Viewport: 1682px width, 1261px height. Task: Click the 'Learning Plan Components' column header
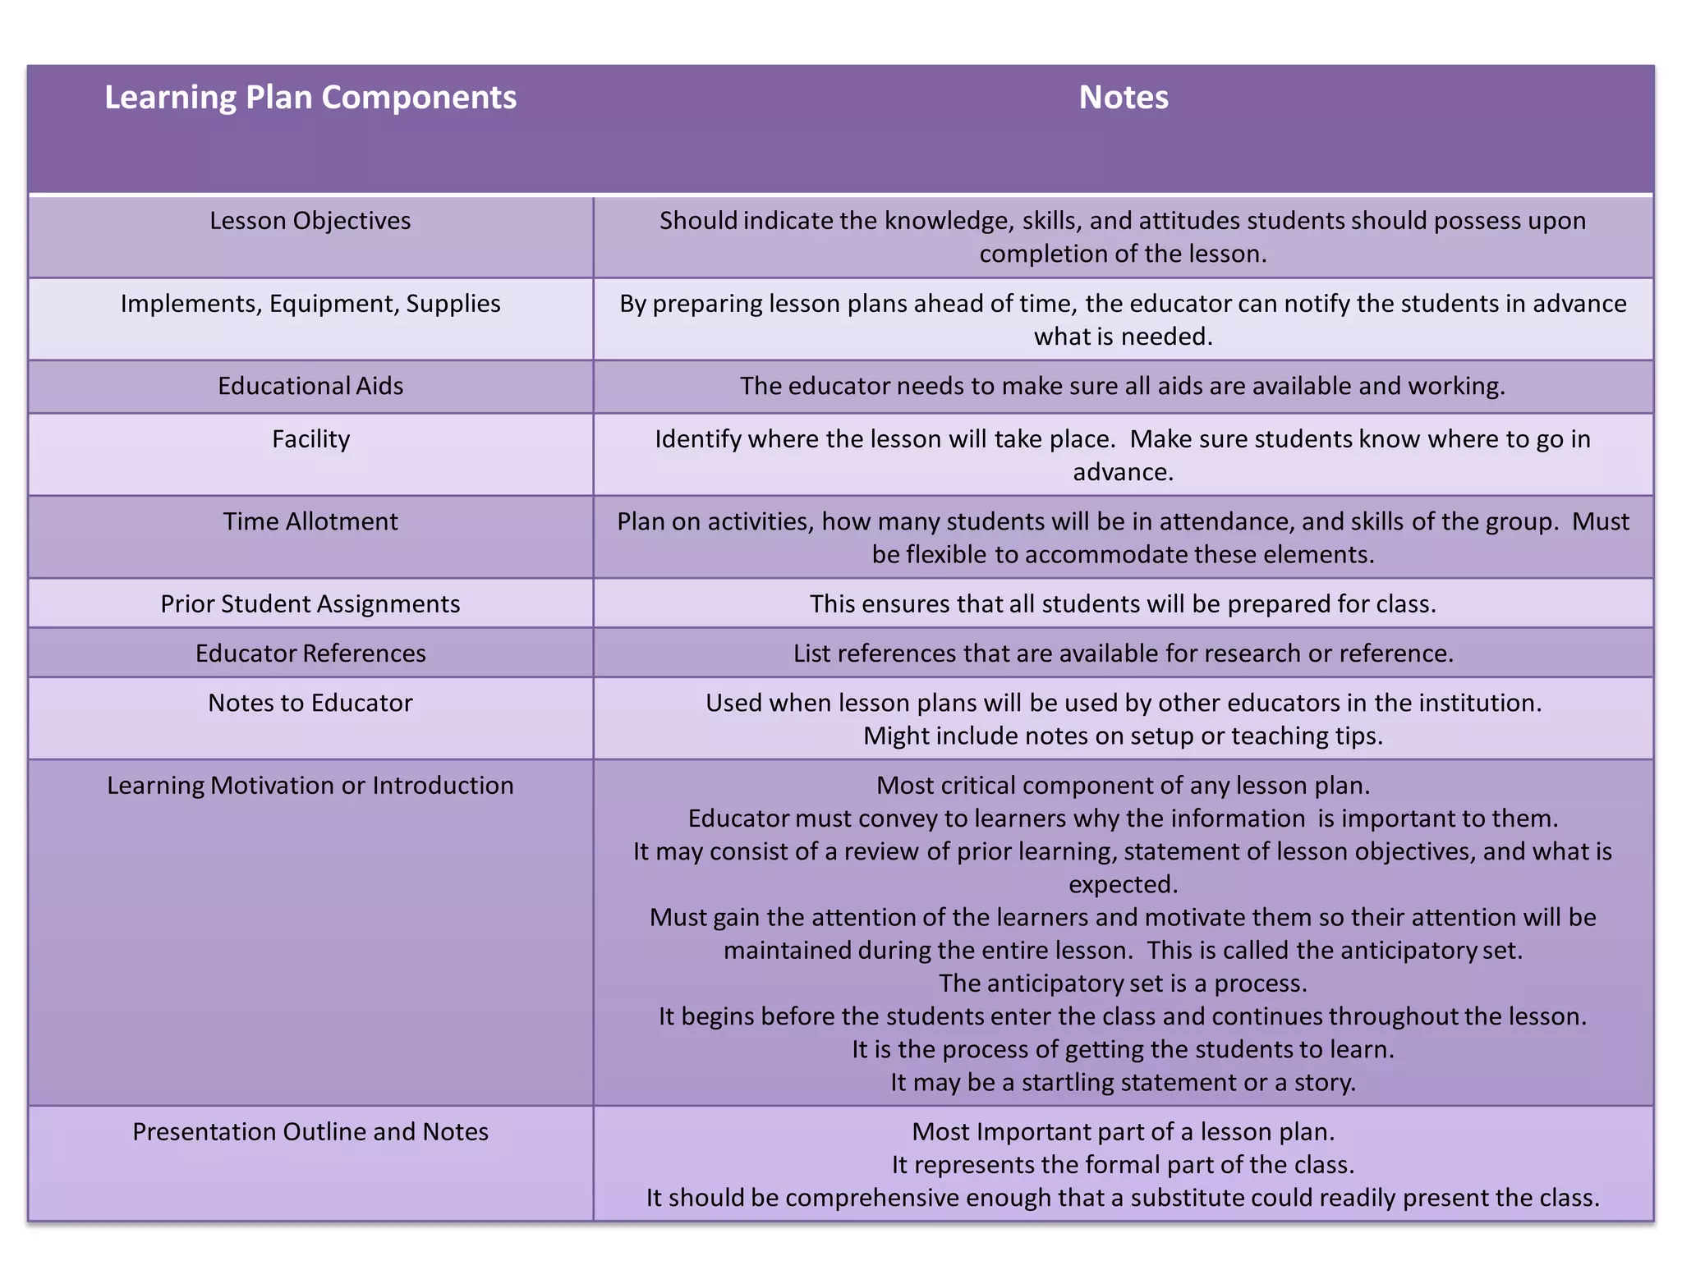310,98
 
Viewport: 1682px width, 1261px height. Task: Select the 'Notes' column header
1123,98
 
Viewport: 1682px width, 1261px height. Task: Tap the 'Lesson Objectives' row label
310,221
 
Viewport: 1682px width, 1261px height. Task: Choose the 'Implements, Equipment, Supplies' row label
310,304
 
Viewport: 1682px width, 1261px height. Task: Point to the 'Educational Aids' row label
310,386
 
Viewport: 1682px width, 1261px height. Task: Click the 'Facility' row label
310,439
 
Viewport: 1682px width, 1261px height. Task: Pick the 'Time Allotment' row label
310,521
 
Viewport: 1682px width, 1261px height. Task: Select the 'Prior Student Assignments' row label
310,604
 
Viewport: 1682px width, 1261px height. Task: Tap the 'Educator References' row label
310,653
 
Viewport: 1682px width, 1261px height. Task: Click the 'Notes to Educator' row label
310,703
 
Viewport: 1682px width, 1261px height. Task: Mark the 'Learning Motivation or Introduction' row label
310,786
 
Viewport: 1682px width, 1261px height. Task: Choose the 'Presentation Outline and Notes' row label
310,1132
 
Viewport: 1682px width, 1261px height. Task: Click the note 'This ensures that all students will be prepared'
1123,604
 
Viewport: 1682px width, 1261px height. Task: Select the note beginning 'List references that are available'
1123,653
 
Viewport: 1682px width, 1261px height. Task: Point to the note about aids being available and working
1123,386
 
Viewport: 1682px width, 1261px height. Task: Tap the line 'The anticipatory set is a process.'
1123,984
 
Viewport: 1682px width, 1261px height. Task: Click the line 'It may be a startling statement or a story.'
1123,1083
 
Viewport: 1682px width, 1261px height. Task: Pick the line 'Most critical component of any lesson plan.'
1123,786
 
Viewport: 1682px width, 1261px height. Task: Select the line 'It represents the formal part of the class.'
1123,1165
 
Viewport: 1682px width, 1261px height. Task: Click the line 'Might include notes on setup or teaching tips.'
1123,736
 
